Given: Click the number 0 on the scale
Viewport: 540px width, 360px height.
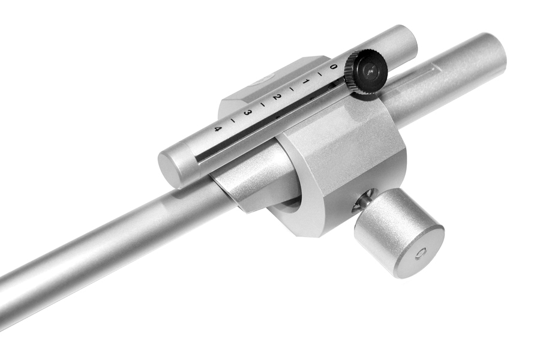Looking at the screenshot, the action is (332, 66).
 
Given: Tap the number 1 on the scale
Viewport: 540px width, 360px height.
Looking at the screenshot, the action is (305, 82).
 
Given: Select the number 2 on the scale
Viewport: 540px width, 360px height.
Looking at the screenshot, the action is (275, 97).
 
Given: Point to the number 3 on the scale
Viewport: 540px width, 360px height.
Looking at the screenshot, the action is (246, 113).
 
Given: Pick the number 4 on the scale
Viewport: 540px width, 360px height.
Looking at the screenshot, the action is (217, 129).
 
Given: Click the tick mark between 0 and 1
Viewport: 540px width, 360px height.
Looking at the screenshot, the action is (319, 74).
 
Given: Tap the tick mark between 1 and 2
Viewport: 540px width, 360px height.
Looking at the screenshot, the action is (292, 89).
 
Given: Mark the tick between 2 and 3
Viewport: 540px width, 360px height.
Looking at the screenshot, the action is (262, 104).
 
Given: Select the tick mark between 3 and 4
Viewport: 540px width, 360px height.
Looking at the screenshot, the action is (233, 120).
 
